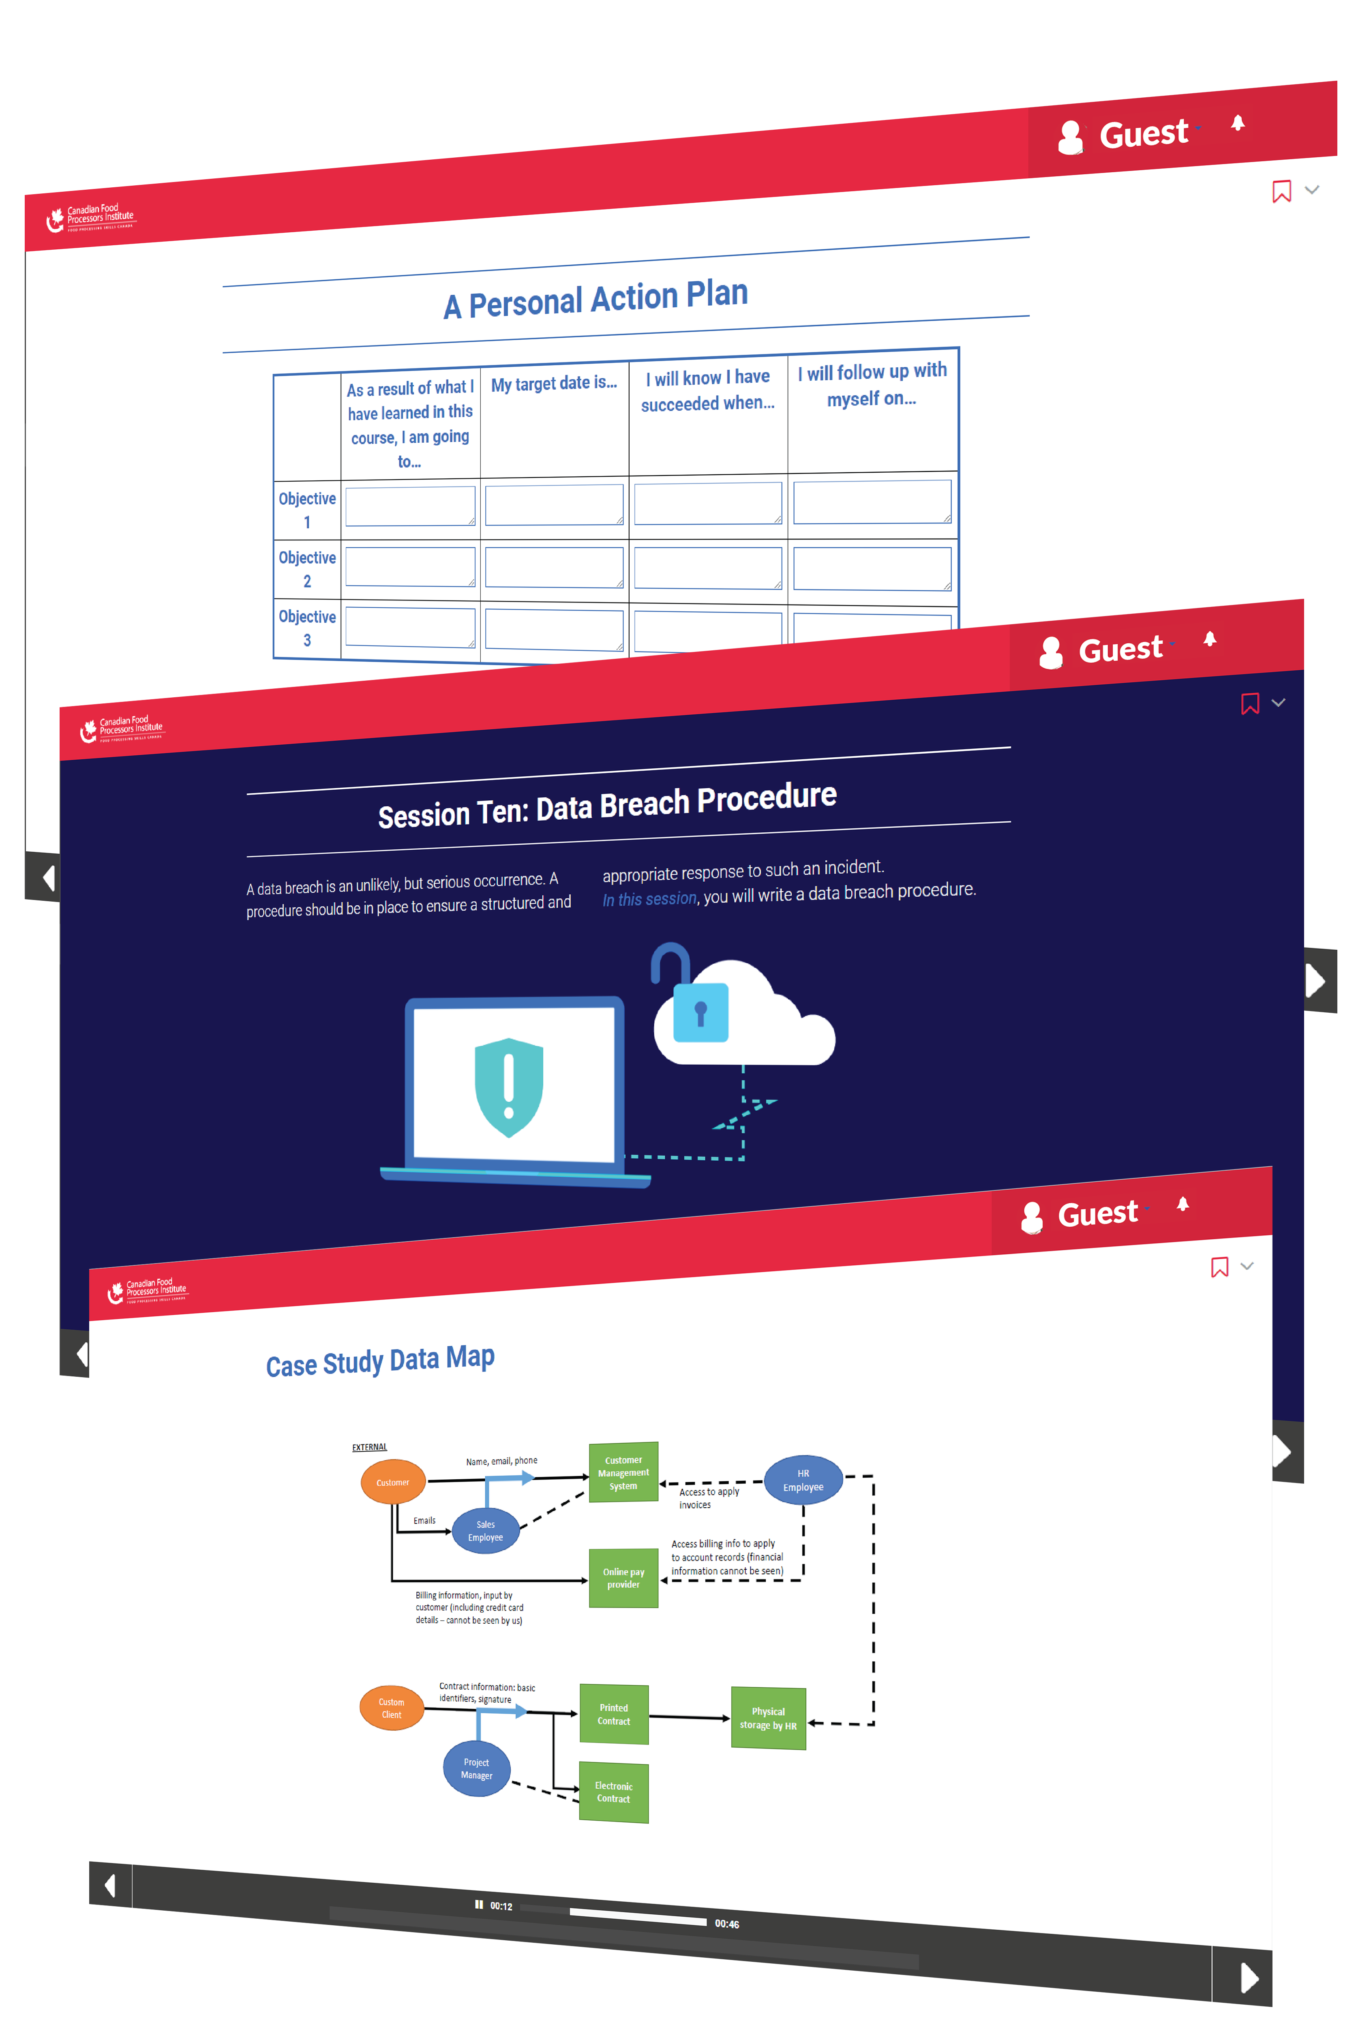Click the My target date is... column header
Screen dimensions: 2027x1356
coord(553,383)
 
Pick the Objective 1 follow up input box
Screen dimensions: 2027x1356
coord(872,501)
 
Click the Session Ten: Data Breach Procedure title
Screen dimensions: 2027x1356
coord(607,805)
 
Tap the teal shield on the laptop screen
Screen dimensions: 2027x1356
coord(508,1087)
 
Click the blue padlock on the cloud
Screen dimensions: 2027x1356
coord(700,1012)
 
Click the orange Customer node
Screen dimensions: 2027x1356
coord(393,1482)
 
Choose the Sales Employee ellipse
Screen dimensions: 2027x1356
coord(485,1531)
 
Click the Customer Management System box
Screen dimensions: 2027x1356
coord(623,1473)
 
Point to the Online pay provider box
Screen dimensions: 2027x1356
coord(623,1578)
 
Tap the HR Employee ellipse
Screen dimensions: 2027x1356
coord(803,1480)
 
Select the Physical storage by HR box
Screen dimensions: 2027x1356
coord(768,1718)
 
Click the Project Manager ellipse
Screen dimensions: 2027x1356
coord(476,1768)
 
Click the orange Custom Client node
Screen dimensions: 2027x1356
coord(392,1708)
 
